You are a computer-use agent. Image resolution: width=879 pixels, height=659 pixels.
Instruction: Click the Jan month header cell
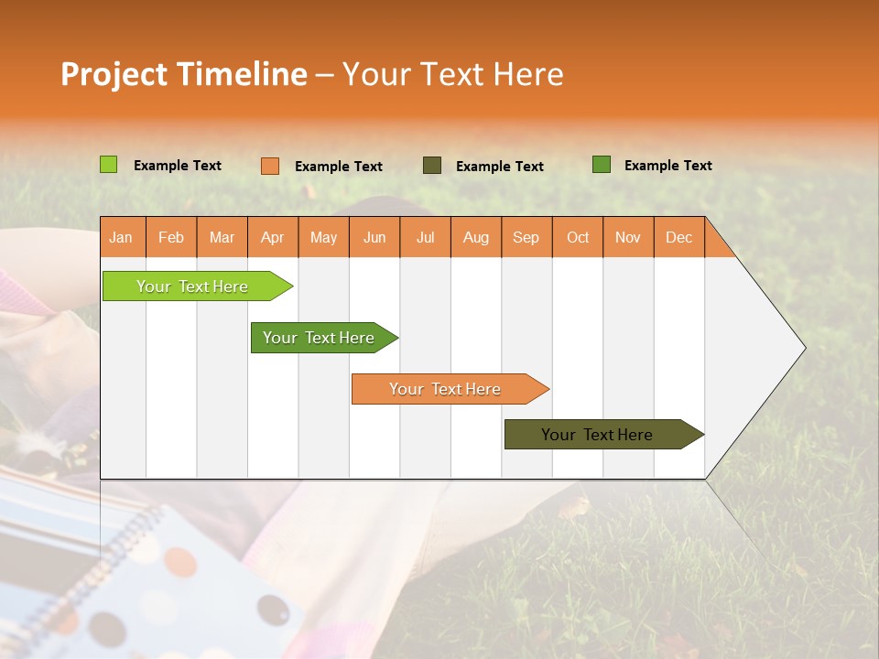(122, 237)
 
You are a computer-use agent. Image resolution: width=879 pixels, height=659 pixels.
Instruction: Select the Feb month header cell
(171, 237)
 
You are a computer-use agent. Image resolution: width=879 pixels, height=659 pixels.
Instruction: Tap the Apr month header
(273, 237)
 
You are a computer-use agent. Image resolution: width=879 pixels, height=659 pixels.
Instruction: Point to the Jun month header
(374, 237)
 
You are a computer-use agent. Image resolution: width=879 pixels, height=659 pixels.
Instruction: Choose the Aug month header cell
(476, 237)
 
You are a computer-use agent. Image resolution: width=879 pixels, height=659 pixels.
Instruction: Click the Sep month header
(526, 237)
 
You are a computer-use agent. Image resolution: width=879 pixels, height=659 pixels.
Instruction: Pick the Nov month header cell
(628, 237)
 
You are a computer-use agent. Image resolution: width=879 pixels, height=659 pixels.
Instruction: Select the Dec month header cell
(678, 237)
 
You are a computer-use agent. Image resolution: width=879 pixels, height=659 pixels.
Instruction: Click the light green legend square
(109, 165)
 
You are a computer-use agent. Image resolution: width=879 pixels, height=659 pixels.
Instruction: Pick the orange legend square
(270, 166)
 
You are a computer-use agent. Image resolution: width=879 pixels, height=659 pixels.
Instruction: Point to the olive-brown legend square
(432, 166)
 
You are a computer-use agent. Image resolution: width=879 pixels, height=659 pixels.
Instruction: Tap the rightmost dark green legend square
(602, 165)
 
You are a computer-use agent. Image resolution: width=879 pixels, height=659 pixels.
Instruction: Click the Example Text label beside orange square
(338, 167)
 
